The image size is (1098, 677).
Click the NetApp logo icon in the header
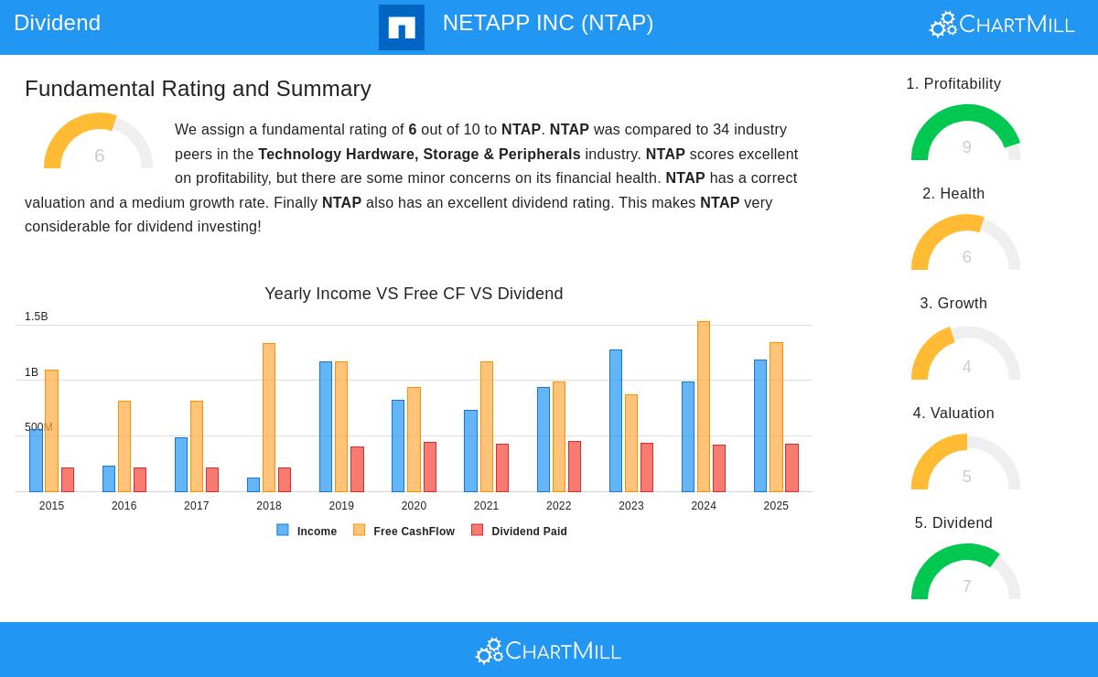[402, 27]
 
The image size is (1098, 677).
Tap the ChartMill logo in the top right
[1002, 25]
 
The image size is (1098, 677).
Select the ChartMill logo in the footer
[548, 650]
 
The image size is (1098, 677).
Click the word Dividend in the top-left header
[57, 23]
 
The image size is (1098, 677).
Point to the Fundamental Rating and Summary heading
[198, 89]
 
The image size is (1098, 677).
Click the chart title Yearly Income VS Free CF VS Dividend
[414, 294]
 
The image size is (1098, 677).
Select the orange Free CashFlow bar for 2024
[704, 406]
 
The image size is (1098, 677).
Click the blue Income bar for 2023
[616, 421]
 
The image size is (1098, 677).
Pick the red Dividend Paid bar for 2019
[357, 469]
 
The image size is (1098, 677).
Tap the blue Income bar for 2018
[253, 485]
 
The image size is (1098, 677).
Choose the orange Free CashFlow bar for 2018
[269, 417]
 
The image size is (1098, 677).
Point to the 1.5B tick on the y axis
[37, 317]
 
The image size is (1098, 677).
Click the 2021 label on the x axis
[486, 506]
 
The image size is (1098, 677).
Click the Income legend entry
[307, 531]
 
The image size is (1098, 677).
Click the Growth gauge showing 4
[965, 354]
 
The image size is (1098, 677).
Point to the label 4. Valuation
[953, 414]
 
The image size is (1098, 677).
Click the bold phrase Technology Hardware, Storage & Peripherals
[419, 154]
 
